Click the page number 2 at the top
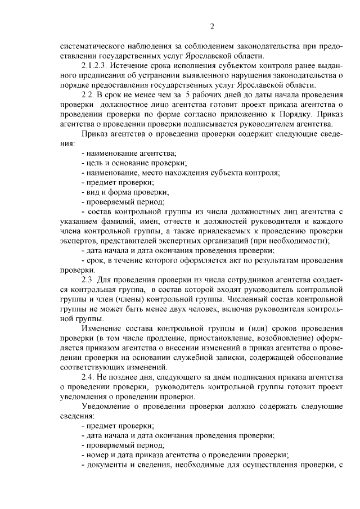(212, 26)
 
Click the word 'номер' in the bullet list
(98, 454)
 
